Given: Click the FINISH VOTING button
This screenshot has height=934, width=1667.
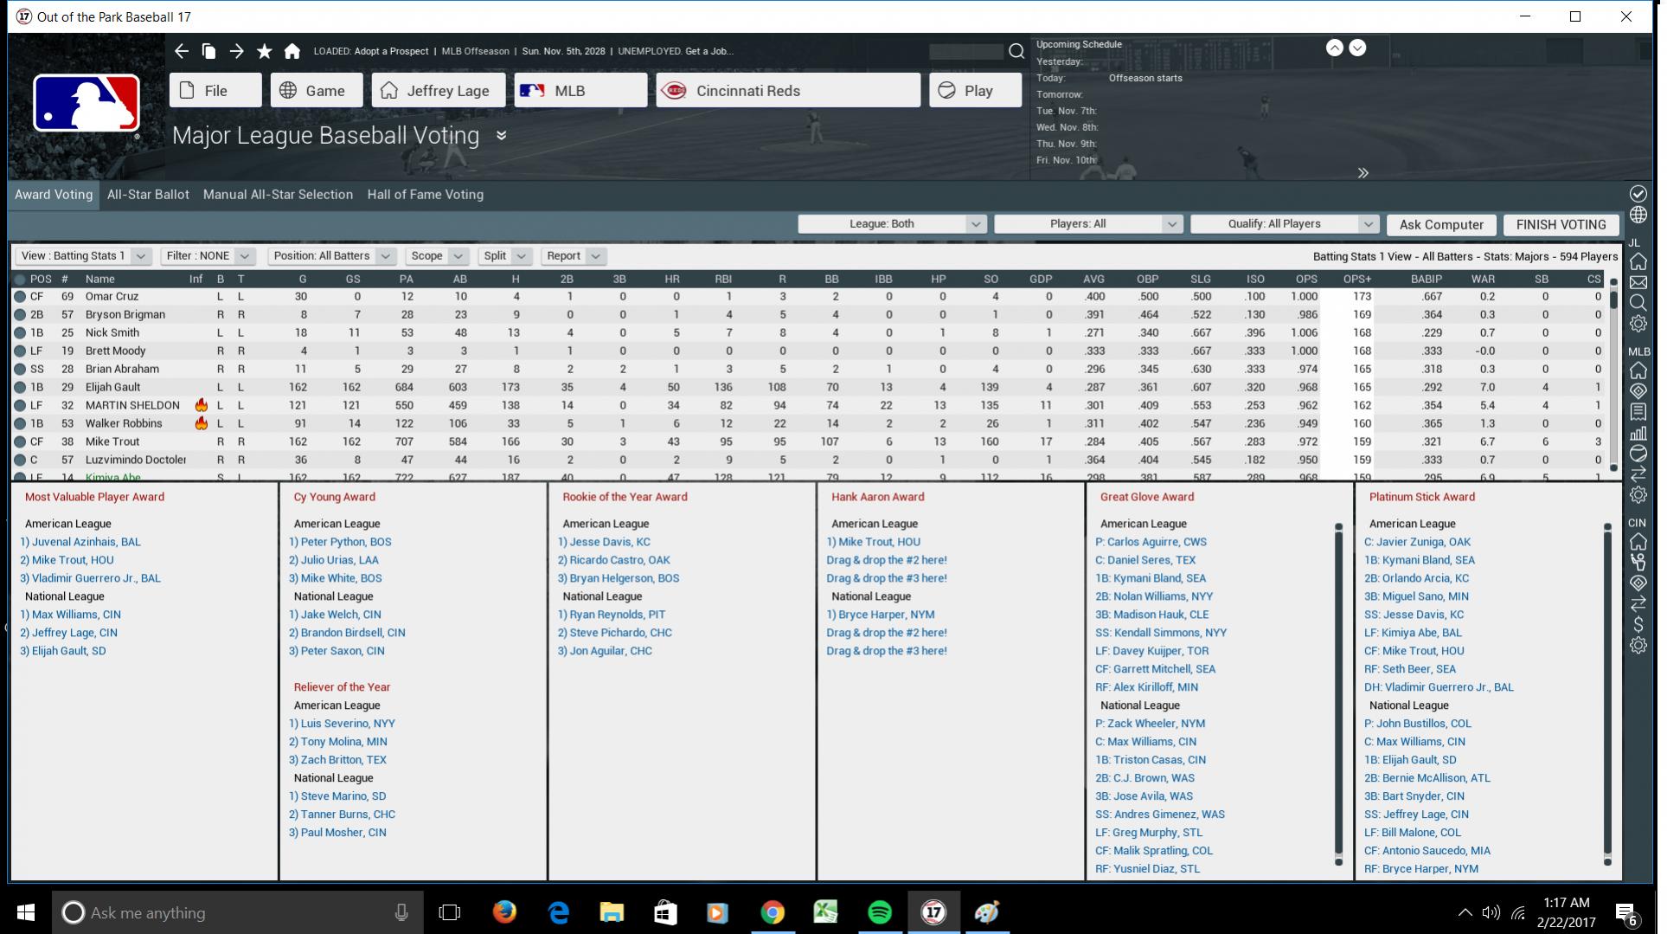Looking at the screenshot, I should pyautogui.click(x=1561, y=224).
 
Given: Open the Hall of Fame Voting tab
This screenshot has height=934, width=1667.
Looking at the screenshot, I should pyautogui.click(x=425, y=195).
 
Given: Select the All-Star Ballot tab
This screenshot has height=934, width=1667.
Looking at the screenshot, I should pyautogui.click(x=148, y=195).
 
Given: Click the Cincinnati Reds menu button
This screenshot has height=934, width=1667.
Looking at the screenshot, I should pyautogui.click(x=787, y=91).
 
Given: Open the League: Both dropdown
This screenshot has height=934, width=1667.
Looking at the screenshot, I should pyautogui.click(x=891, y=224).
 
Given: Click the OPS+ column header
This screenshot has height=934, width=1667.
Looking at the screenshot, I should pyautogui.click(x=1356, y=279).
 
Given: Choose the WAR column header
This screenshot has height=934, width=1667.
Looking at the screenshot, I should pyautogui.click(x=1482, y=279).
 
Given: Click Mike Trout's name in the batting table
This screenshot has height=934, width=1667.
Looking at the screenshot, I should pyautogui.click(x=112, y=441).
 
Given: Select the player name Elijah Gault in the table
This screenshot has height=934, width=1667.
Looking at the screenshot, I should pyautogui.click(x=112, y=387).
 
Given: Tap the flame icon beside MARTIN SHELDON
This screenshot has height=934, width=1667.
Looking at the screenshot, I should pyautogui.click(x=201, y=405).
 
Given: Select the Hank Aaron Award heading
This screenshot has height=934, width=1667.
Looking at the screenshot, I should pyautogui.click(x=877, y=497).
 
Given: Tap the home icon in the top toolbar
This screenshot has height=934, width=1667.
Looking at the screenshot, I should pyautogui.click(x=292, y=51).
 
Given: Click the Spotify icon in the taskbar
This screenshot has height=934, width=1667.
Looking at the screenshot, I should pyautogui.click(x=879, y=912).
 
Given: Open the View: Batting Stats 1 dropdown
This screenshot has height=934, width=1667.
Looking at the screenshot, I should pyautogui.click(x=83, y=256).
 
